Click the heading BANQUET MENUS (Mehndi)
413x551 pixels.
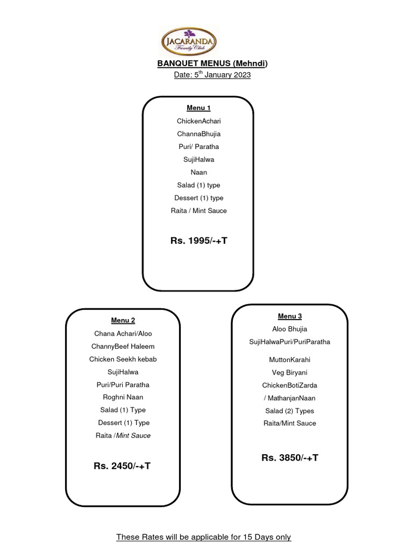point(212,63)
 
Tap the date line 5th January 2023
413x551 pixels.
point(212,75)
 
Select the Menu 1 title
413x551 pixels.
point(198,108)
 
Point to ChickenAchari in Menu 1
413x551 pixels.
point(198,121)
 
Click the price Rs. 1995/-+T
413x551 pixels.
point(199,241)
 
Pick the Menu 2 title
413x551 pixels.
point(123,321)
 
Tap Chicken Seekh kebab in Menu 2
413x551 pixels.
point(123,359)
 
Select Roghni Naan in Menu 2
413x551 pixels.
point(123,397)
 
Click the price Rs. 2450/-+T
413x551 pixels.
point(122,465)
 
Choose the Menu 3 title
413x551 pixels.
point(290,316)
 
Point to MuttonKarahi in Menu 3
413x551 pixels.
point(290,359)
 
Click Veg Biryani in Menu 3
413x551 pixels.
point(290,372)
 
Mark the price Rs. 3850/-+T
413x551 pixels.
point(290,457)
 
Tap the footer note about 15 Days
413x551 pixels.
point(204,537)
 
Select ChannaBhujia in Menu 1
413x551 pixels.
point(198,134)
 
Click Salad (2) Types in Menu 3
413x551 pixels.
point(290,411)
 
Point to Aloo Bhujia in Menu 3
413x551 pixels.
point(290,329)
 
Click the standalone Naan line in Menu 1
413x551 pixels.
point(198,172)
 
